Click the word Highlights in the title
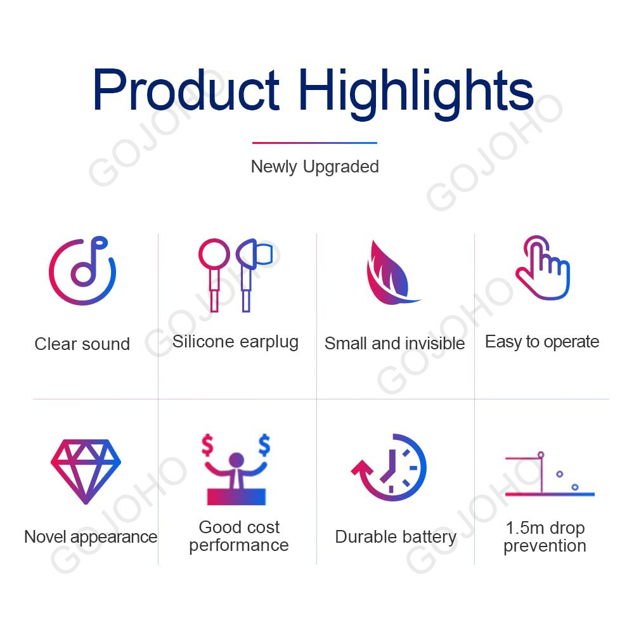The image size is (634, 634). tap(417, 93)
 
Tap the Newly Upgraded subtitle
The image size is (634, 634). tap(314, 167)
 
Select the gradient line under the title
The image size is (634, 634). tap(314, 143)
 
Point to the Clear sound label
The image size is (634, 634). tap(82, 344)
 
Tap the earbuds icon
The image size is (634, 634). tap(236, 275)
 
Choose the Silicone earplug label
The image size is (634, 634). tap(235, 342)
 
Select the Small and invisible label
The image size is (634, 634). tap(394, 344)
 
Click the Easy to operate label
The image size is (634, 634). tap(542, 342)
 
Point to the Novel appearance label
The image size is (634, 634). tap(91, 538)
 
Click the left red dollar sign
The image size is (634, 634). tap(207, 445)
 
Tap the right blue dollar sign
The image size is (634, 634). tap(264, 445)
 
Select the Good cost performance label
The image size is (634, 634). tap(238, 536)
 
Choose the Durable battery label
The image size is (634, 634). tap(396, 538)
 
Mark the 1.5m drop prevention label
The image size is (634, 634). tap(545, 536)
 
